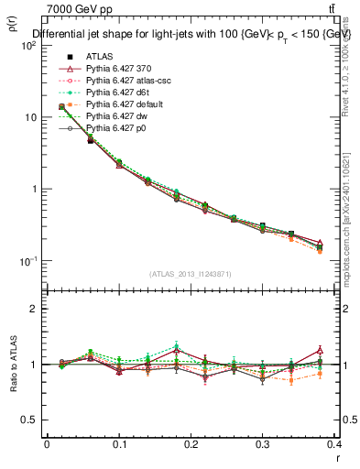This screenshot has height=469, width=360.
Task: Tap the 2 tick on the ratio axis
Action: [35, 309]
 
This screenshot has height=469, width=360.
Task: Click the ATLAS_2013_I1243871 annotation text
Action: [190, 274]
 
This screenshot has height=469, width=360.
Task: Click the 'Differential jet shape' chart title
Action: [191, 34]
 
